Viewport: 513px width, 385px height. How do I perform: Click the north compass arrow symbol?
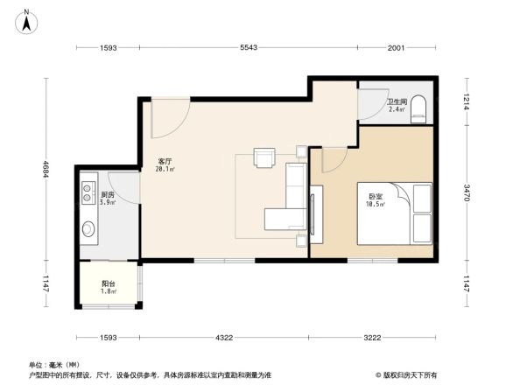pyautogui.click(x=27, y=20)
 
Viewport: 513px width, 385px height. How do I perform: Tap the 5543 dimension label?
pyautogui.click(x=248, y=47)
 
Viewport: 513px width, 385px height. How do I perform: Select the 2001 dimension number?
pyautogui.click(x=397, y=47)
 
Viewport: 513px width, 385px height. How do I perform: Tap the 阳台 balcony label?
pyautogui.click(x=108, y=283)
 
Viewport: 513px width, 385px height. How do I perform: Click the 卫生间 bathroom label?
pyautogui.click(x=397, y=101)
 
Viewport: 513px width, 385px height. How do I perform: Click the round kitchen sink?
pyautogui.click(x=89, y=229)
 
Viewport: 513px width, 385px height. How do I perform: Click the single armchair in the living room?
pyautogui.click(x=264, y=157)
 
